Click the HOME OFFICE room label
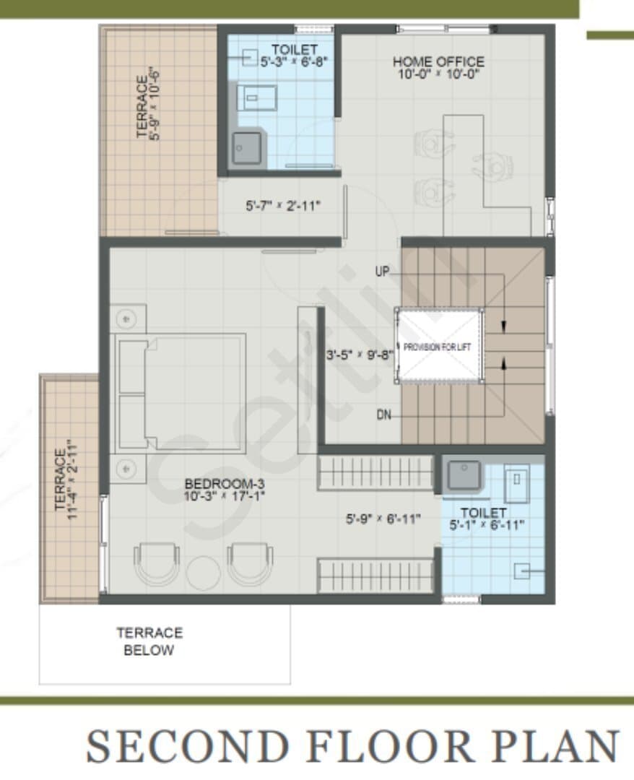pos(438,61)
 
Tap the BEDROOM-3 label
pos(225,483)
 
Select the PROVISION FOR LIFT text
pos(437,347)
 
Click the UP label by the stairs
pos(382,272)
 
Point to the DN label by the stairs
pos(383,415)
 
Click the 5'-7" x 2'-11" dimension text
pos(283,206)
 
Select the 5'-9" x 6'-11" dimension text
pos(383,519)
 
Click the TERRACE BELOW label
pos(149,641)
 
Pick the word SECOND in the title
pos(188,746)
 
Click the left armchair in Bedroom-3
pos(156,563)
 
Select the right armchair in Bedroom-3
pos(250,563)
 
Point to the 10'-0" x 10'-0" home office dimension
pos(438,74)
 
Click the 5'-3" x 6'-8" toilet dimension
pos(294,61)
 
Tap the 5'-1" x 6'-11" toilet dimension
pos(487,525)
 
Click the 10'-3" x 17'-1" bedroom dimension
pos(225,495)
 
